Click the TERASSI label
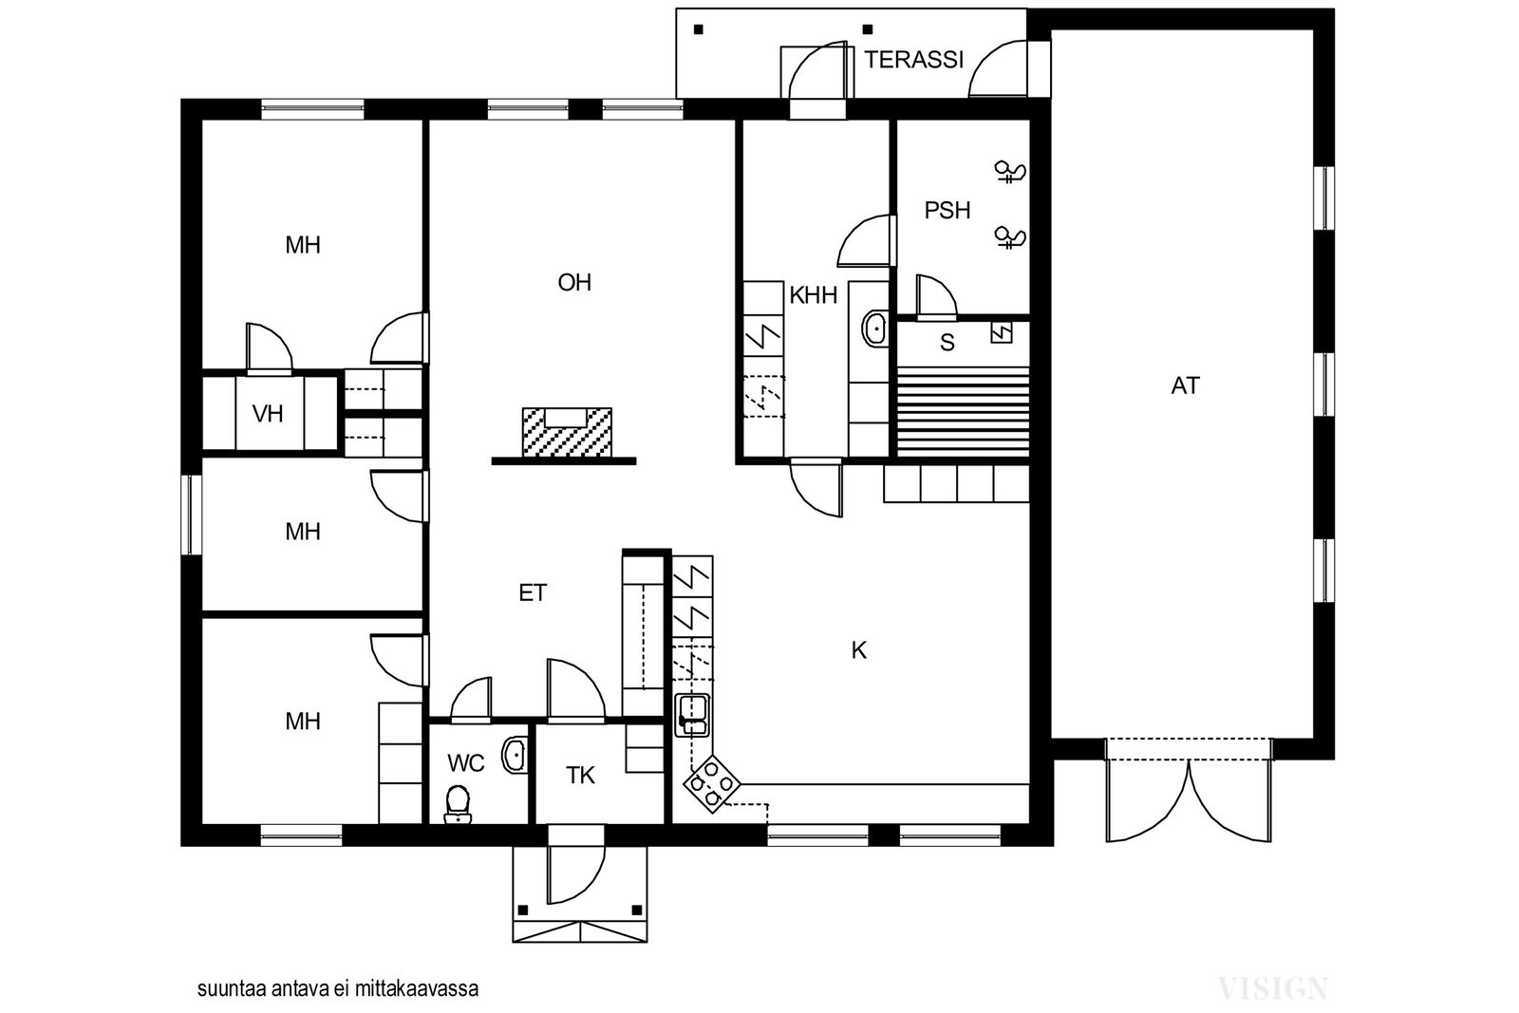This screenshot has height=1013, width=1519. (913, 60)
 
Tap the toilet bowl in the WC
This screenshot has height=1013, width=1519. (458, 804)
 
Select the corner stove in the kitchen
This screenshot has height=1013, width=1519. (711, 784)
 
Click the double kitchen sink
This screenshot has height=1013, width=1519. (692, 715)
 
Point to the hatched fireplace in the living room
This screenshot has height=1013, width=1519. (567, 432)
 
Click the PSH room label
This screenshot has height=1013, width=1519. (947, 210)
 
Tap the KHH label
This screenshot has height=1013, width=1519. (813, 295)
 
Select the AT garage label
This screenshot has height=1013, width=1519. (1186, 385)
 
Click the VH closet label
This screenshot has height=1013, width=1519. (267, 414)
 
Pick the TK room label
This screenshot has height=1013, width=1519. (580, 775)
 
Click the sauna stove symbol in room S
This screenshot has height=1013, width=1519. (1002, 332)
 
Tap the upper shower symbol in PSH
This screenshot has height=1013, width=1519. (1010, 172)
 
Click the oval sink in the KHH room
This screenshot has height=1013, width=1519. (874, 329)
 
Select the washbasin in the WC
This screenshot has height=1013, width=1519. (515, 754)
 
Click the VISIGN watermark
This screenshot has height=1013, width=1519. (1273, 988)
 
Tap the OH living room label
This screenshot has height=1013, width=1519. (574, 282)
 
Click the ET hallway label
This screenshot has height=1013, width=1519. (533, 593)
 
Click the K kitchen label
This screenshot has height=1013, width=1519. (858, 651)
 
